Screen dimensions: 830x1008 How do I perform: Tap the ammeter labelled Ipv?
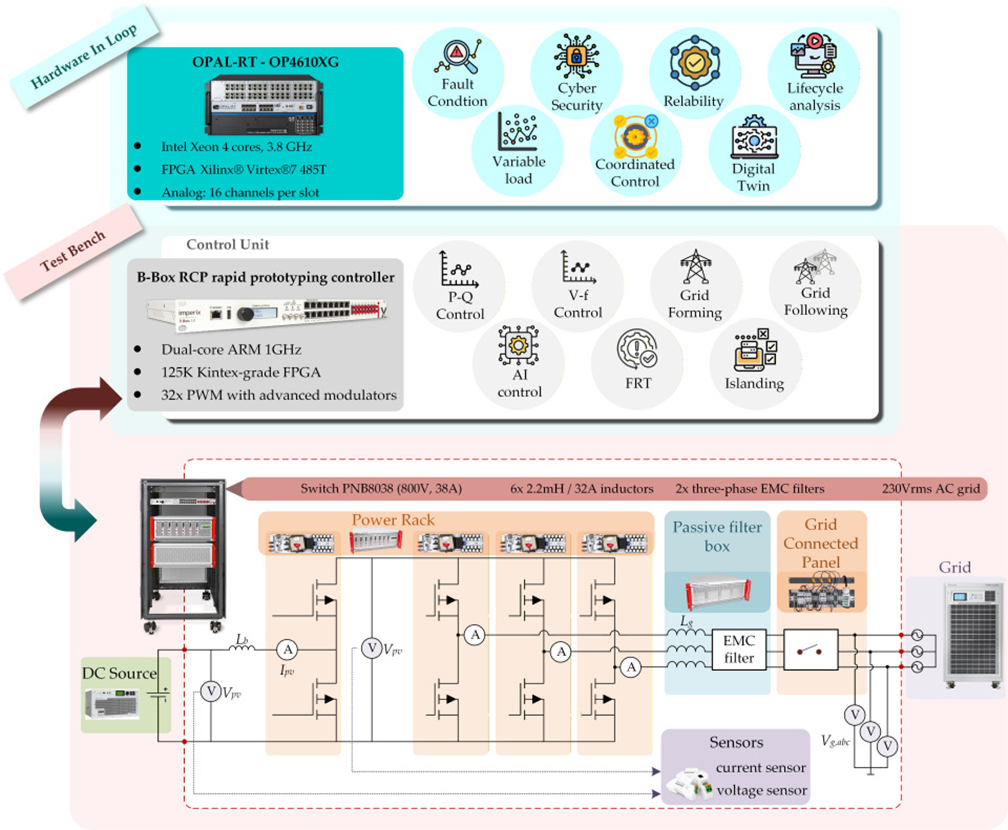287,649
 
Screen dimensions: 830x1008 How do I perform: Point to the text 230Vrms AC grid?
930,489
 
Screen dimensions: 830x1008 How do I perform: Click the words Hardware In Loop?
84,56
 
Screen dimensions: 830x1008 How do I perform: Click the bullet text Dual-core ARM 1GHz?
231,350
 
